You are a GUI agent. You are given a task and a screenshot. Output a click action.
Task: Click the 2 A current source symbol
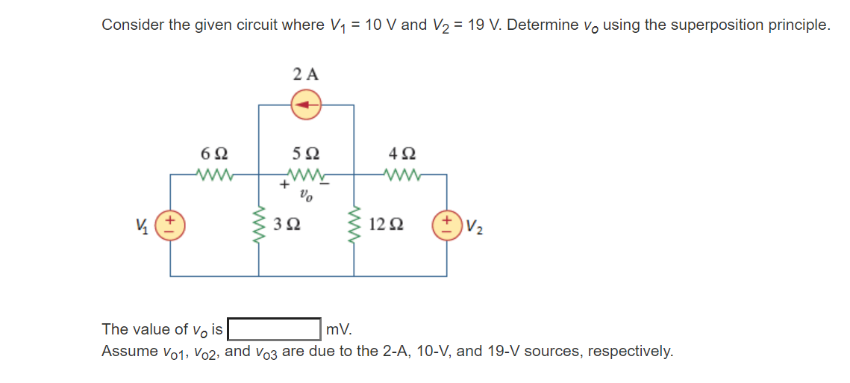point(305,105)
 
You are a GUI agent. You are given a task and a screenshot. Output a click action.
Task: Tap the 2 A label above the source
point(305,74)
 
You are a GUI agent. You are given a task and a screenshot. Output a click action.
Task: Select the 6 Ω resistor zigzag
point(214,175)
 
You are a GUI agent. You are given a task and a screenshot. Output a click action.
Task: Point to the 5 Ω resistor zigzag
point(305,176)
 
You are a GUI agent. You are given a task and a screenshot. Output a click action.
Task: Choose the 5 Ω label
point(305,154)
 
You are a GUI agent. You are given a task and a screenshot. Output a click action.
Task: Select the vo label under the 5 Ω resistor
point(305,198)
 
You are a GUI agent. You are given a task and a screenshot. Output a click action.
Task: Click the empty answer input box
point(274,328)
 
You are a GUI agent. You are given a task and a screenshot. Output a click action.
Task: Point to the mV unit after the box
point(338,329)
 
